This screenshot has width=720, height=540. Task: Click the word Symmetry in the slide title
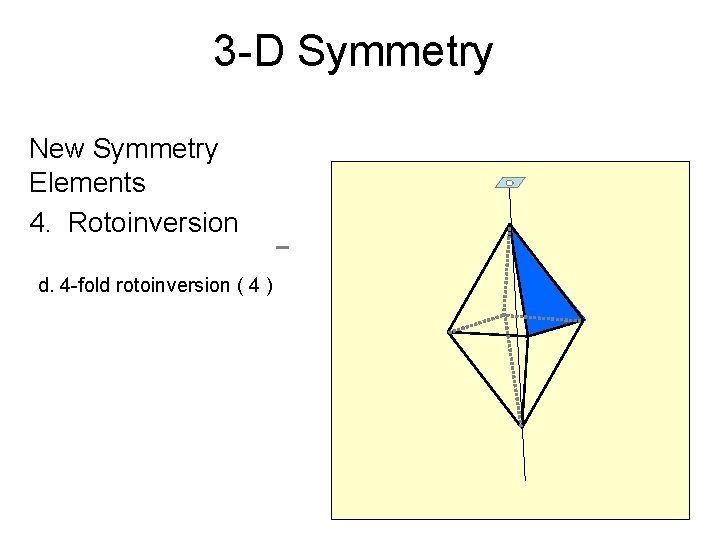click(395, 51)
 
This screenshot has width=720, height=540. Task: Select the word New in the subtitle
click(58, 149)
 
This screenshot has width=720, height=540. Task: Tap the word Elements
click(88, 183)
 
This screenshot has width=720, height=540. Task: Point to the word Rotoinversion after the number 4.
click(153, 222)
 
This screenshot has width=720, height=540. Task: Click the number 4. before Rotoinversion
click(41, 222)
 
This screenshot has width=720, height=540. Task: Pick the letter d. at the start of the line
click(46, 285)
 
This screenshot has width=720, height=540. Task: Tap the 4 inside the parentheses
click(256, 285)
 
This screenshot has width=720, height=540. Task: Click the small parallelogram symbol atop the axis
click(510, 183)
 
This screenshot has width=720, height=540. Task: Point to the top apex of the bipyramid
click(510, 226)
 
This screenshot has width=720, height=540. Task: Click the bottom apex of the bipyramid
click(521, 425)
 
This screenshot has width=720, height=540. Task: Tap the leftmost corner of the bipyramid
click(449, 332)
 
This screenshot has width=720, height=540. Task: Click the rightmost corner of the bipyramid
click(582, 320)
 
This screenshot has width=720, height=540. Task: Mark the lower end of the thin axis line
click(524, 479)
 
